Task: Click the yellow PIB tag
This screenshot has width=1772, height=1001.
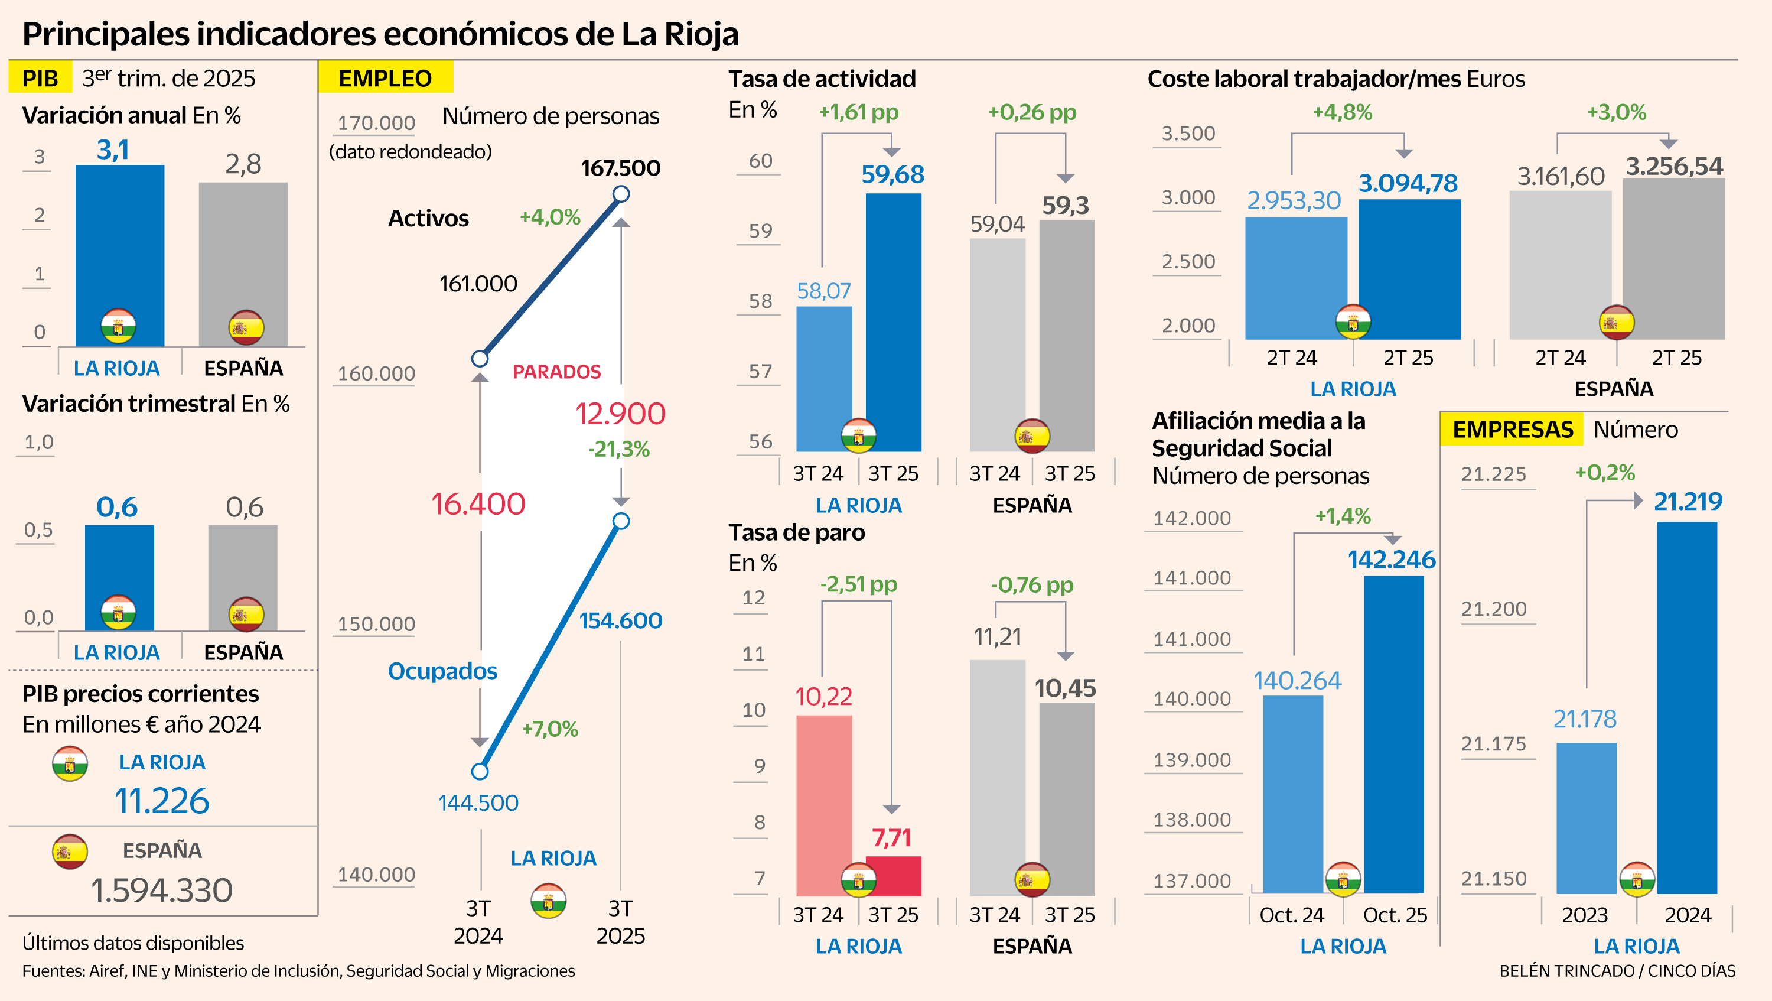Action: pos(40,78)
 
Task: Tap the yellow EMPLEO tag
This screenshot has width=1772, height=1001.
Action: pos(385,78)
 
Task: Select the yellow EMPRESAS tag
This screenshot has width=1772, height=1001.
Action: pos(1512,429)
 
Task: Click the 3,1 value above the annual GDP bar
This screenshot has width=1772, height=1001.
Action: pos(113,150)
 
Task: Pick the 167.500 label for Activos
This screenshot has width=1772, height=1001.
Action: pos(620,168)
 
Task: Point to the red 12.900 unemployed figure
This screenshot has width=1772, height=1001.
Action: pos(620,414)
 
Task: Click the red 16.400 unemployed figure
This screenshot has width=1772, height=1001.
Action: pos(478,503)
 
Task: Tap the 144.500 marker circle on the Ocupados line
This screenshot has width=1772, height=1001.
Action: pos(480,771)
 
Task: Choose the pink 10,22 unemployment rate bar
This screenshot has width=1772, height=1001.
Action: pos(823,805)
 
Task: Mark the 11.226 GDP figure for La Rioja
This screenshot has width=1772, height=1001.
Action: pos(162,801)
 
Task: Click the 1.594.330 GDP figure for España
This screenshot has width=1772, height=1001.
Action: pos(162,890)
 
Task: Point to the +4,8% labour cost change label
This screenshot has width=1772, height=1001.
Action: pos(1342,112)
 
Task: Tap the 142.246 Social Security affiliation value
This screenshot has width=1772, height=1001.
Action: pos(1391,560)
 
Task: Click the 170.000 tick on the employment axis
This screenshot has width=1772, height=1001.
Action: pos(376,123)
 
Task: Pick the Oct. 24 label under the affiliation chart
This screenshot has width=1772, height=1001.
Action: pos(1291,915)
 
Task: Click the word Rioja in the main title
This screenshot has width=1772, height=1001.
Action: pos(701,34)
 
